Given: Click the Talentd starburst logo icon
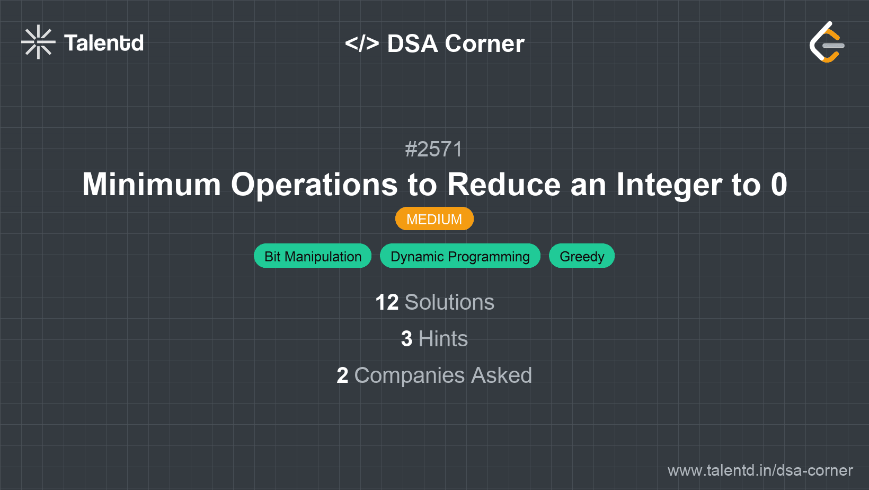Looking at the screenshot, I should (x=38, y=42).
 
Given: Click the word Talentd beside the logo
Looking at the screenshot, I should (x=104, y=43).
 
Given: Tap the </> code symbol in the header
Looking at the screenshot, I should (x=362, y=43).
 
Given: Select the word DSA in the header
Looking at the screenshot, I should (x=412, y=43).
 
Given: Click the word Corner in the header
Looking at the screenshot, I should (x=485, y=43).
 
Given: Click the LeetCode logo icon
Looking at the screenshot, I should (x=827, y=42).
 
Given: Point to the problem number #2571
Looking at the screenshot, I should (x=434, y=150).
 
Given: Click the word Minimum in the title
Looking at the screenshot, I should (x=152, y=185).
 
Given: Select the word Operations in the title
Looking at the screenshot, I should (x=314, y=185).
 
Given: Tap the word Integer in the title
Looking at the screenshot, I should (x=669, y=185).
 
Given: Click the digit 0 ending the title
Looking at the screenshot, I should (x=779, y=185).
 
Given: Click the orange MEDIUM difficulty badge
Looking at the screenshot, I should (x=434, y=219).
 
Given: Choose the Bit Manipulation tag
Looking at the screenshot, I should (x=313, y=256).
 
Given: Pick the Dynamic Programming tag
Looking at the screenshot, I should (x=460, y=256).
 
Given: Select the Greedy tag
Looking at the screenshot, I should (x=582, y=256).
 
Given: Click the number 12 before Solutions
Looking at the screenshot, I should (x=387, y=302).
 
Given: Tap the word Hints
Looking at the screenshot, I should (x=443, y=339).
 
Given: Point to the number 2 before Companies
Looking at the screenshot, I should (x=342, y=375).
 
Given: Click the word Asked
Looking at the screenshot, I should (x=501, y=375).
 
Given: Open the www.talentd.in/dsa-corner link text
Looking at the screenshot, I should (x=760, y=470).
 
